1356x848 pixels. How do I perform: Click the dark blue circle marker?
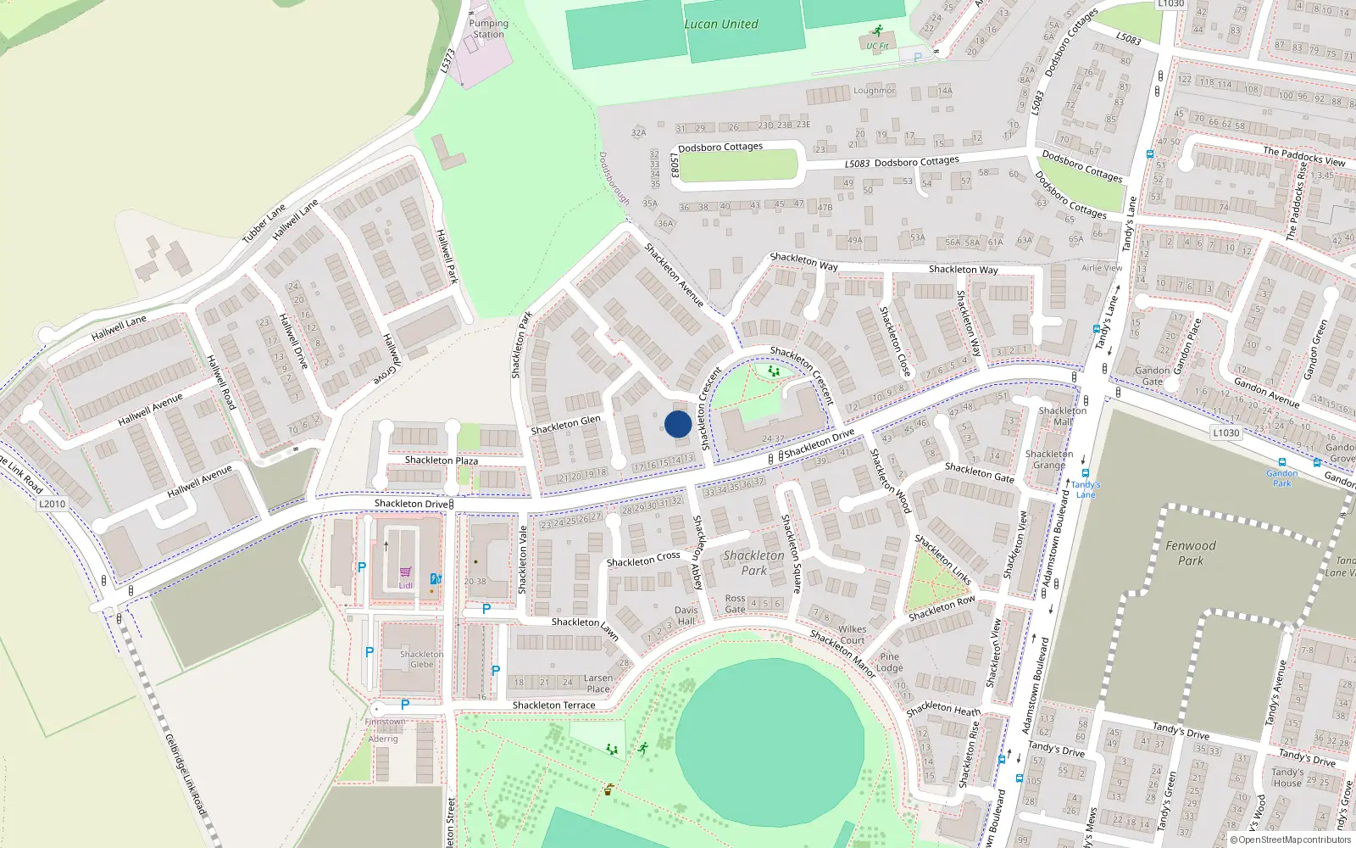click(x=677, y=424)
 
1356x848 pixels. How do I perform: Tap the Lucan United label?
click(x=721, y=24)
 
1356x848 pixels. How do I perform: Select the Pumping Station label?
click(x=488, y=29)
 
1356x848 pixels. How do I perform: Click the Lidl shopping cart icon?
click(x=406, y=572)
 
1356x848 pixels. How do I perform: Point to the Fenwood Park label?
click(x=1190, y=553)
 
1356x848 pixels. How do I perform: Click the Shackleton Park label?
click(x=753, y=562)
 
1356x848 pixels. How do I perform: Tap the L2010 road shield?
click(x=52, y=504)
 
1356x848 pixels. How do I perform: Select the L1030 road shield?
click(x=1225, y=432)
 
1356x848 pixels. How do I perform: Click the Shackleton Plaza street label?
click(x=441, y=460)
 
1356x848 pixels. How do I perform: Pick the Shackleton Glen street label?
click(x=565, y=424)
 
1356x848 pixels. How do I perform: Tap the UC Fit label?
click(x=877, y=46)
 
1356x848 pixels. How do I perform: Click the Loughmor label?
click(x=874, y=90)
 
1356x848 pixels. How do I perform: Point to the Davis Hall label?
click(x=686, y=616)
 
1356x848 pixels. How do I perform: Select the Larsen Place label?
click(x=598, y=683)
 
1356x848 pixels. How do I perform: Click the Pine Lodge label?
click(x=889, y=662)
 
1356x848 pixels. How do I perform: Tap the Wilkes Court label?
click(x=853, y=634)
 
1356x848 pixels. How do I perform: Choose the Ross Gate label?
click(x=735, y=604)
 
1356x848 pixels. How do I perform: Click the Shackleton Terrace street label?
click(x=553, y=705)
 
